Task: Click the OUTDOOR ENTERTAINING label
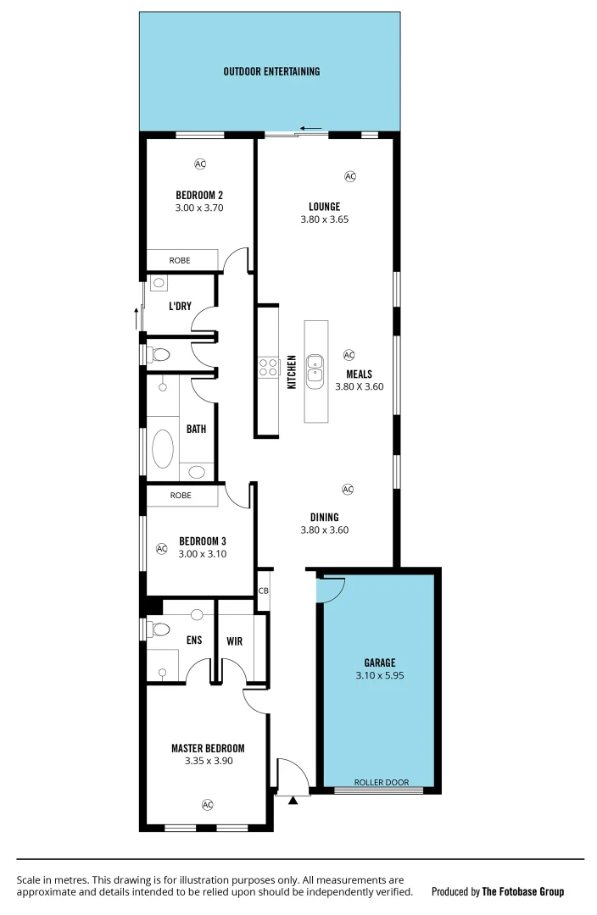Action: coord(271,71)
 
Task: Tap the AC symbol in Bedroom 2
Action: coord(200,164)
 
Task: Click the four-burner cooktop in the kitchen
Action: coord(268,367)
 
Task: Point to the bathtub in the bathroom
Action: coord(162,448)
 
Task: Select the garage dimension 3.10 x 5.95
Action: coord(381,676)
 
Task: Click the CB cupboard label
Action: coord(263,591)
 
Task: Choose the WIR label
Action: coord(235,641)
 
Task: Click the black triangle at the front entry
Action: coord(294,800)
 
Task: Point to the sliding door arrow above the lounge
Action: coord(311,130)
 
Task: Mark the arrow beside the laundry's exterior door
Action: coord(135,319)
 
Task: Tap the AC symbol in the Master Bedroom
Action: coord(208,804)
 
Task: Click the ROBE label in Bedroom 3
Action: coord(180,495)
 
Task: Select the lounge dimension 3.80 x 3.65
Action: coord(324,219)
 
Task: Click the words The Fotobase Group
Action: coord(522,891)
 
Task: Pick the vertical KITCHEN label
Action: coord(291,371)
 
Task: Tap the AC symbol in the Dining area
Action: coord(347,489)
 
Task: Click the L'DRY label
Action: coord(180,306)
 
